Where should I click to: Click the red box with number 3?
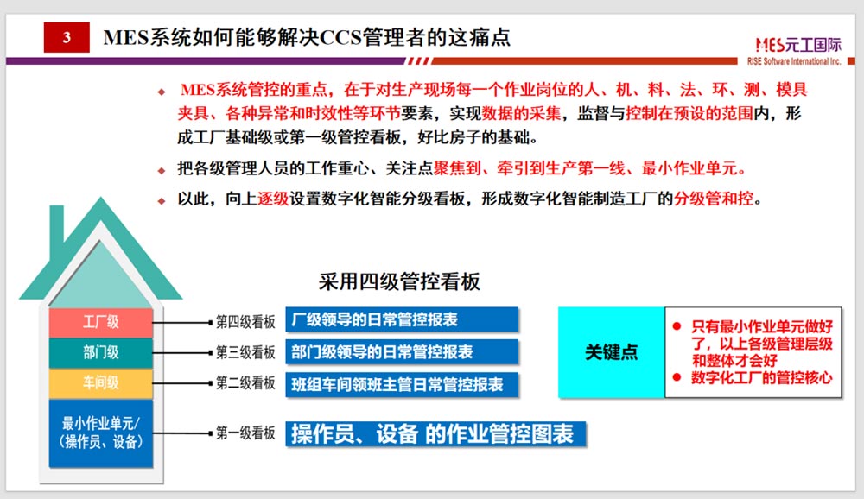[x=67, y=37]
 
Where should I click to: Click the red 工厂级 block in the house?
[x=101, y=322]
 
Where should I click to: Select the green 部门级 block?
[x=101, y=352]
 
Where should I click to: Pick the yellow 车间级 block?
[x=101, y=382]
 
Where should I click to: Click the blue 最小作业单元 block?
[x=101, y=433]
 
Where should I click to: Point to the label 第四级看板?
[x=245, y=322]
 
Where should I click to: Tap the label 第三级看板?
[x=245, y=352]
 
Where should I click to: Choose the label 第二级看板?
[x=245, y=382]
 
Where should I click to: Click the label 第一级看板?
[x=245, y=433]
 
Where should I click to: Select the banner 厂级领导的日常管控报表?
[x=402, y=320]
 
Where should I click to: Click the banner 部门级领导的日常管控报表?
[x=402, y=352]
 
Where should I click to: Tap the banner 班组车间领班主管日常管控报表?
[x=402, y=384]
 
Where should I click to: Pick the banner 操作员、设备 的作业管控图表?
[x=435, y=434]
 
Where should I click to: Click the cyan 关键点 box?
[x=612, y=352]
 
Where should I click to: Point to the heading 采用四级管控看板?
[x=399, y=281]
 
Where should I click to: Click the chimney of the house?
[x=57, y=226]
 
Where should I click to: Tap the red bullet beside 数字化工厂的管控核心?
[x=677, y=377]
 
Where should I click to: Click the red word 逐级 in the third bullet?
[x=273, y=199]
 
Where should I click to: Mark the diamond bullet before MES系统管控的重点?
[x=162, y=92]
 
